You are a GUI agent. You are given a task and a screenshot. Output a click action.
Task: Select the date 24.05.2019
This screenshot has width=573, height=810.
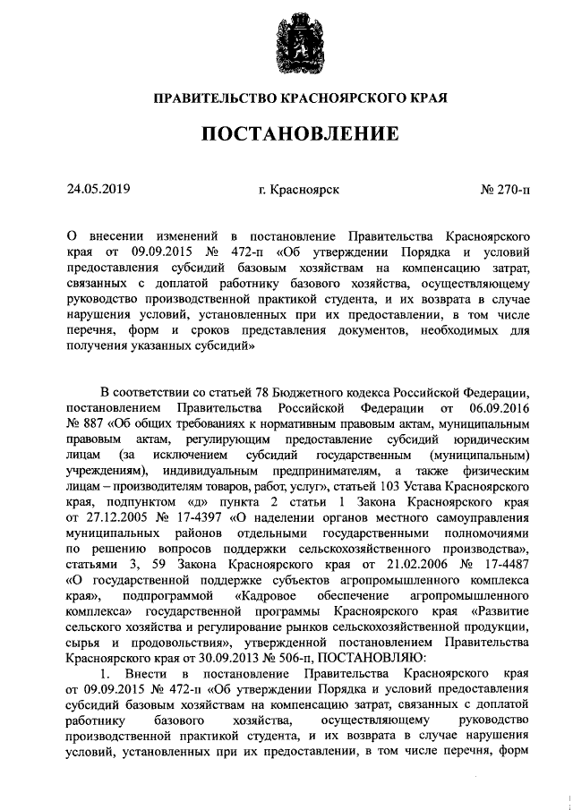click(98, 189)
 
